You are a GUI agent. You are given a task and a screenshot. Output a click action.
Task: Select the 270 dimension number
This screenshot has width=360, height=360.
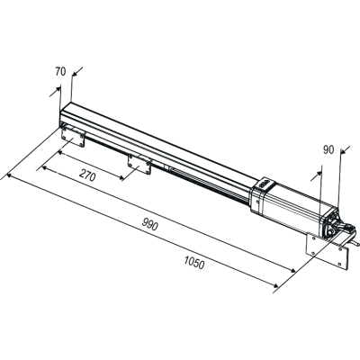point(86,177)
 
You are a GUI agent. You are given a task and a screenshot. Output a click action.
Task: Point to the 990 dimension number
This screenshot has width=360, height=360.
point(148,225)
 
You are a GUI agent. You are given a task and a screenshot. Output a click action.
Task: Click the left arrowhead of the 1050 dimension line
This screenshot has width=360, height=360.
point(9,177)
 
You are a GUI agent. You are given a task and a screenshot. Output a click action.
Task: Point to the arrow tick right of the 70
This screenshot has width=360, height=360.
point(75,75)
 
